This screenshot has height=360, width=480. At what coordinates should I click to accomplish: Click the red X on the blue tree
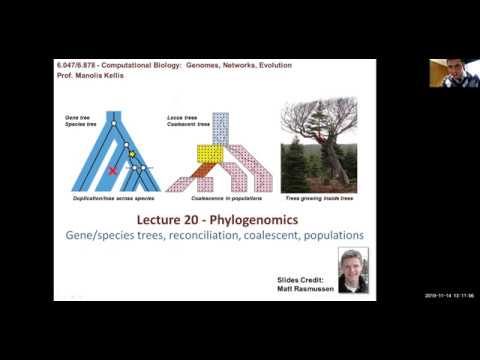point(113,171)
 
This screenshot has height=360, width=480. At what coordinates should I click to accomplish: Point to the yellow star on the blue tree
point(131,153)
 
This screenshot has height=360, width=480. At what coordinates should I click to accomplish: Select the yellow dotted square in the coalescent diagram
point(208,154)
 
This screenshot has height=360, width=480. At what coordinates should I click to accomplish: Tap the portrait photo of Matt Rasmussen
point(352,270)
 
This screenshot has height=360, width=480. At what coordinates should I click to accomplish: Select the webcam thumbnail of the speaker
point(453,72)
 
